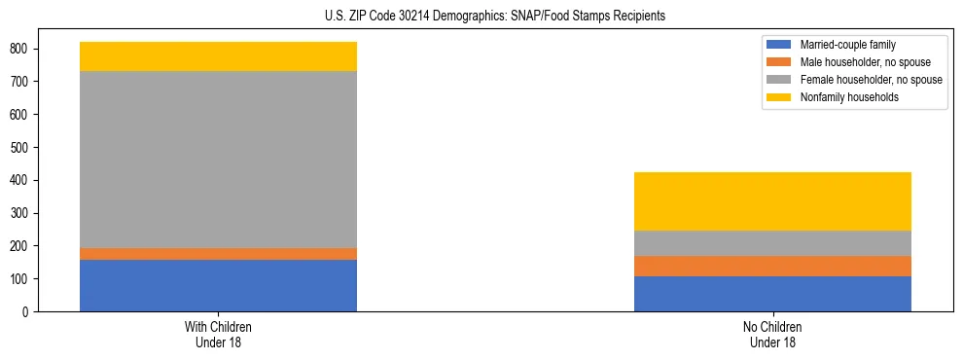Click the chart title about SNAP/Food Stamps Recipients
coord(481,16)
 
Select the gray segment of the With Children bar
coord(218,160)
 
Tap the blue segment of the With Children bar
coord(218,285)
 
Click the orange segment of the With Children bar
coord(218,254)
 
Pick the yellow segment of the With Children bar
coord(218,56)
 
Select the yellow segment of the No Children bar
coord(772,201)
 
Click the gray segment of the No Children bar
coord(772,243)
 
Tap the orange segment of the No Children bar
coord(772,266)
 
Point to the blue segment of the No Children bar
coord(772,294)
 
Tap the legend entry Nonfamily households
coord(842,97)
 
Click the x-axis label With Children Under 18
coord(218,334)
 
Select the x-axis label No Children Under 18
coord(772,334)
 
